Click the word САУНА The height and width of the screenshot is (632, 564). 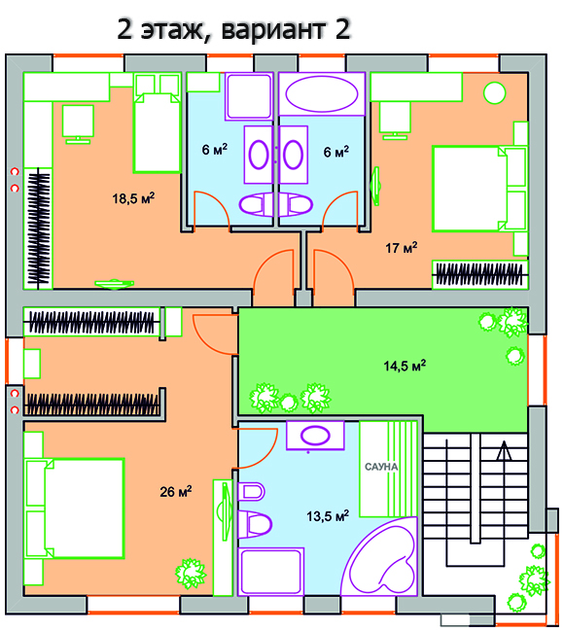coord(381,467)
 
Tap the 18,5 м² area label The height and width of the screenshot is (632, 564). coord(133,198)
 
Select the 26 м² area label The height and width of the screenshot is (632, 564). coord(176,491)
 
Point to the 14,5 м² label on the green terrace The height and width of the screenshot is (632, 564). coord(405,366)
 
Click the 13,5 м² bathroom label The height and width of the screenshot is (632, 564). coord(328,516)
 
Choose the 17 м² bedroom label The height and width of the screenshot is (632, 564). coord(402,248)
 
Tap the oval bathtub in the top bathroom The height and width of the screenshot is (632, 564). coord(322,94)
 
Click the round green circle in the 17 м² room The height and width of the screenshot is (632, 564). coord(494,92)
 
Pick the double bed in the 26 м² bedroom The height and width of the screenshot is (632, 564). coord(74,509)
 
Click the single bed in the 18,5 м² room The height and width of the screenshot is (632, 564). coord(158,123)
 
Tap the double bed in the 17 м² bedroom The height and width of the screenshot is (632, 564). coord(479,189)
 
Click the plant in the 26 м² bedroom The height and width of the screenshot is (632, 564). coord(191,573)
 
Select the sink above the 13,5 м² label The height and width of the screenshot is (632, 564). coord(315,436)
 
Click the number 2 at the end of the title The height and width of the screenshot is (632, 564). coord(342,30)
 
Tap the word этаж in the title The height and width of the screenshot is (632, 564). coord(172,31)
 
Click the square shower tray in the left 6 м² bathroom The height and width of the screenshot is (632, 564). coord(249,96)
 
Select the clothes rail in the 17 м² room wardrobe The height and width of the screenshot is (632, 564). coord(479,275)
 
